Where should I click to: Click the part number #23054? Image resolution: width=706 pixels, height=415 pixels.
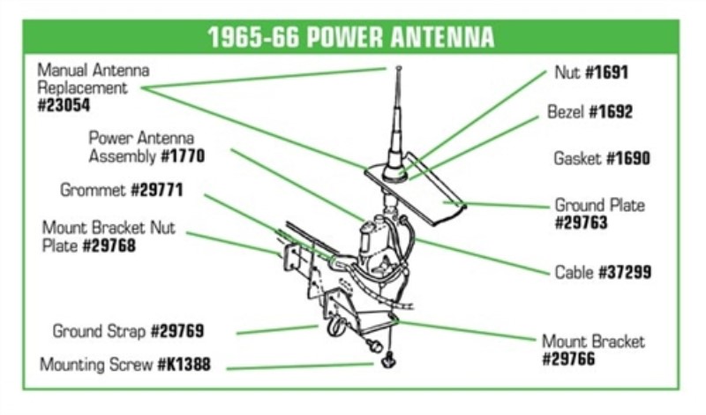[64, 105]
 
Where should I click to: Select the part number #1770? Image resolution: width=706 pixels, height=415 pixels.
[183, 156]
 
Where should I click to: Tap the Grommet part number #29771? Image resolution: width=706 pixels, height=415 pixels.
[157, 190]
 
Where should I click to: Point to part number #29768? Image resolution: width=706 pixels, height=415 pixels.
[109, 246]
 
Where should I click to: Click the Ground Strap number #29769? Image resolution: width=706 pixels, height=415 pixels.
[177, 331]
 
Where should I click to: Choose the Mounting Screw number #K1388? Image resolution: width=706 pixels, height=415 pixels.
[184, 365]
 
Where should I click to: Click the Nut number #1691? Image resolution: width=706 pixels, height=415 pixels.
[606, 72]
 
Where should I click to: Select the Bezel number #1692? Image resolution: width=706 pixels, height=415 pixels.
[611, 112]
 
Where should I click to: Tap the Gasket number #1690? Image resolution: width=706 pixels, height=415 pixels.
[628, 159]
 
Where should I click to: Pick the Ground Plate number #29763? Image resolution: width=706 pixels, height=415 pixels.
[582, 223]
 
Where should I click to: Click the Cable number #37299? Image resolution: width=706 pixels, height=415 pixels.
[625, 272]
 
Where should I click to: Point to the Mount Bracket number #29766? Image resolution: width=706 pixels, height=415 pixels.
[568, 359]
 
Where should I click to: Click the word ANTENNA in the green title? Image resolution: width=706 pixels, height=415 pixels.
[443, 37]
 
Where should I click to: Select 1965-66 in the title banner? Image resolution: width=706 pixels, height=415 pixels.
[253, 37]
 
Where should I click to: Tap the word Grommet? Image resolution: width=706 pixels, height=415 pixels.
[94, 190]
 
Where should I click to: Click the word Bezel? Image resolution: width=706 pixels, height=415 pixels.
[566, 112]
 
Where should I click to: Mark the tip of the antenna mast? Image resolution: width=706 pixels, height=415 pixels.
[399, 69]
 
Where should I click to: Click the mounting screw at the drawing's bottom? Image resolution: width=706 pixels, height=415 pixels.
[388, 361]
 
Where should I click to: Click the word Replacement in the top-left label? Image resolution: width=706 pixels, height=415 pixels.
[82, 88]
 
